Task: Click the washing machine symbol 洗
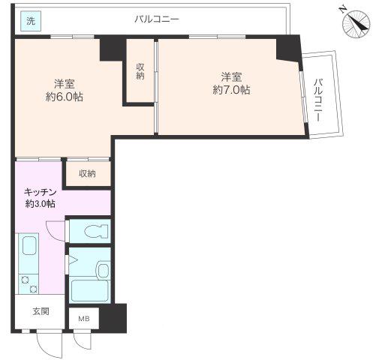click(31, 21)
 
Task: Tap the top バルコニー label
click(157, 19)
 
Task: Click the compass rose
click(356, 24)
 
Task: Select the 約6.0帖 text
click(65, 97)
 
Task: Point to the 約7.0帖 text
click(231, 90)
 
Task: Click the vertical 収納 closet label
click(140, 71)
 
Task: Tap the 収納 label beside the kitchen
click(87, 173)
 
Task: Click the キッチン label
click(40, 192)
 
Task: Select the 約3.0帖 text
click(40, 204)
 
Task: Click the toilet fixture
click(96, 231)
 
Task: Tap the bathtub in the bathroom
click(90, 291)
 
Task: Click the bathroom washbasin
click(104, 270)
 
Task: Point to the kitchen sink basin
click(30, 246)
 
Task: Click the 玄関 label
click(41, 311)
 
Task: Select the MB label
click(84, 319)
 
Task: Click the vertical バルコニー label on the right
click(318, 100)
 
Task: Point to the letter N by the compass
click(342, 10)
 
